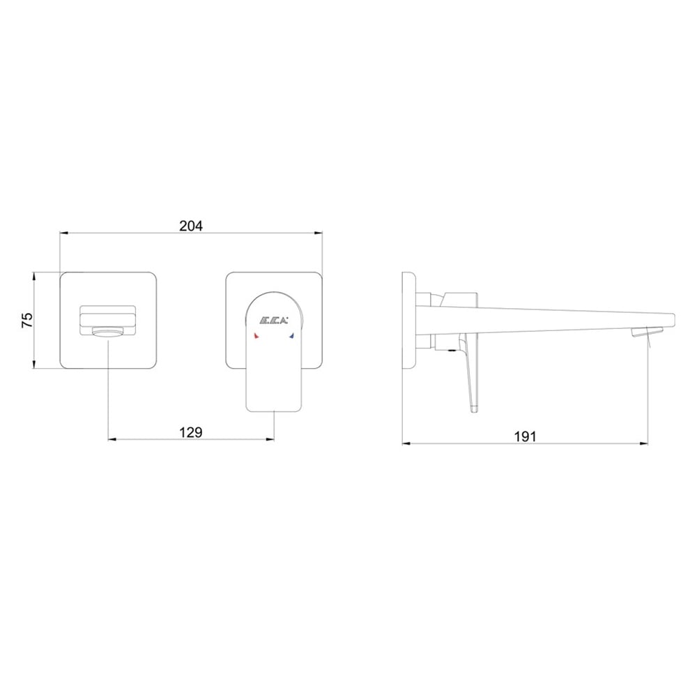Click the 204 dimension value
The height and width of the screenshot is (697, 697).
click(191, 226)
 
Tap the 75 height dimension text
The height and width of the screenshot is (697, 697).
click(28, 320)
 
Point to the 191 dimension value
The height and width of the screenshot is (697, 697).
click(526, 436)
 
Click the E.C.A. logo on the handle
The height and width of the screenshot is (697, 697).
click(274, 320)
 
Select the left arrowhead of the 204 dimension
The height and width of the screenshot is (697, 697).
click(64, 233)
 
